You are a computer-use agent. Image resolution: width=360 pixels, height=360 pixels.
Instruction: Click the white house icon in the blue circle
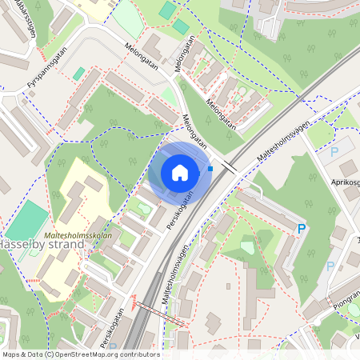(x=179, y=173)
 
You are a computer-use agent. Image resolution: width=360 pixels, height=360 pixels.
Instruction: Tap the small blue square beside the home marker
(x=210, y=168)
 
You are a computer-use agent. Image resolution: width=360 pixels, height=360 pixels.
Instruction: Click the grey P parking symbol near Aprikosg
(x=334, y=151)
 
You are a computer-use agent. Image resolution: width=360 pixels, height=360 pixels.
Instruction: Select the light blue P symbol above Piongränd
(x=330, y=266)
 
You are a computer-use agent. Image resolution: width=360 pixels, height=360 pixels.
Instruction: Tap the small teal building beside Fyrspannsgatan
(x=78, y=73)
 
